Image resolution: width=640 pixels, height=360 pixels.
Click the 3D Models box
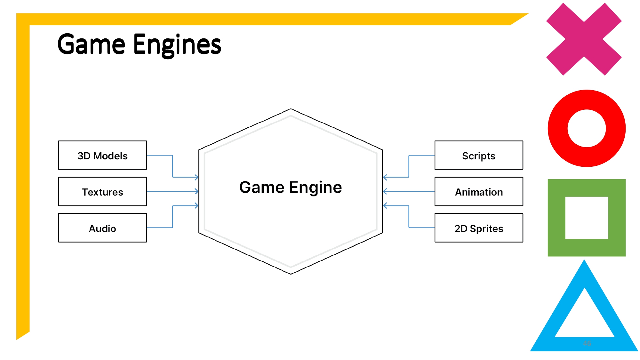coord(102,156)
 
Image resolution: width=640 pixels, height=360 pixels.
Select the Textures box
coord(102,192)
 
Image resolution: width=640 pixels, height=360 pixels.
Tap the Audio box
coord(102,228)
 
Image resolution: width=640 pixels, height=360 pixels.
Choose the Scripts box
coord(479,156)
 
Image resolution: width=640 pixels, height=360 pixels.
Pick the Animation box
coord(479,192)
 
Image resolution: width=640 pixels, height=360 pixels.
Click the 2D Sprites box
coord(479,228)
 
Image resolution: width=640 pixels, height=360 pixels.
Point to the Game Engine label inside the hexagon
coord(291,188)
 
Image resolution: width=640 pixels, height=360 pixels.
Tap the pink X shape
coord(584,39)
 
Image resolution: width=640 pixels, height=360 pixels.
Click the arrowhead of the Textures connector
coord(196,191)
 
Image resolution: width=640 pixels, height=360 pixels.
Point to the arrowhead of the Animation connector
coord(385,191)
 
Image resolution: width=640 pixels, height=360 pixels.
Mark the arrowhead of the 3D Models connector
coord(196,177)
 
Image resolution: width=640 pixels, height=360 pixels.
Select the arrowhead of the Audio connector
coord(196,205)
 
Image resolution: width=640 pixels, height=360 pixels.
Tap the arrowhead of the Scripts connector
coord(385,177)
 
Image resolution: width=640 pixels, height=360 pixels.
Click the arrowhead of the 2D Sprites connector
coord(385,205)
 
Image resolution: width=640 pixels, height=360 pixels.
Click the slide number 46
coord(587,343)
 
